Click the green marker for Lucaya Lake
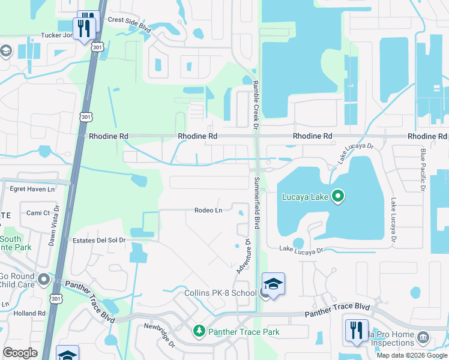coord(338,196)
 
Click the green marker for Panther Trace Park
coord(199,331)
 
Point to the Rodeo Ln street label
coord(208,210)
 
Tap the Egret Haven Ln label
coord(32,188)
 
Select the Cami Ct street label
coord(38,213)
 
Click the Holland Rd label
coord(29,313)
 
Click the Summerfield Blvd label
coord(257,202)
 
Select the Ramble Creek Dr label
coord(255,105)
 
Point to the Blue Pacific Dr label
coord(423,170)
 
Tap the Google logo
coord(20,353)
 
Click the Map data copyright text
coord(411,355)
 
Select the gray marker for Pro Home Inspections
coord(423,337)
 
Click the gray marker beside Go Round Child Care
coord(43,279)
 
